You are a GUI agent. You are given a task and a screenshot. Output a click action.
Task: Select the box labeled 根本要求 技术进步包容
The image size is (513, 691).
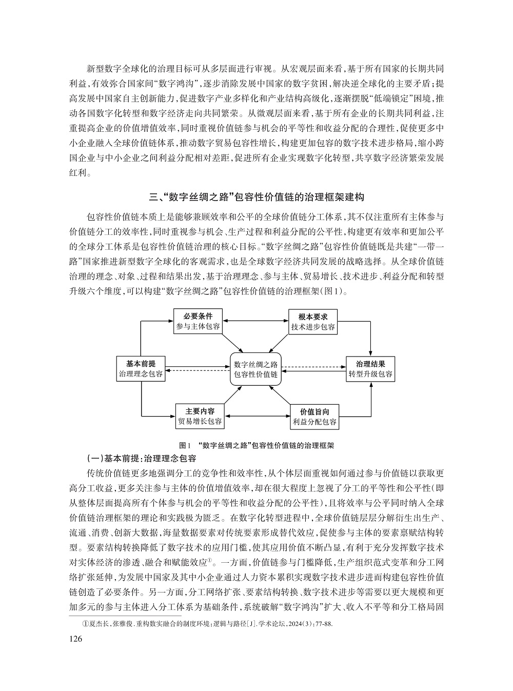point(313,321)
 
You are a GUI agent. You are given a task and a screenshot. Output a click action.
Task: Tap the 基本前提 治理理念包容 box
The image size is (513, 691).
point(141,368)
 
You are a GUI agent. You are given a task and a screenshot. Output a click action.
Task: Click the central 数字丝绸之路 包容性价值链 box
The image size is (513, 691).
point(255,369)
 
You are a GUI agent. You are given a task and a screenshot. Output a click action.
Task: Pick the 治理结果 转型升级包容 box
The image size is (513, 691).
point(370,368)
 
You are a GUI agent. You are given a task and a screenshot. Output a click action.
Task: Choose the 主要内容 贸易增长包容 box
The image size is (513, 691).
point(200,416)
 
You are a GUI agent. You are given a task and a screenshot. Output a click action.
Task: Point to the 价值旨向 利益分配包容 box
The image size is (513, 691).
point(314,417)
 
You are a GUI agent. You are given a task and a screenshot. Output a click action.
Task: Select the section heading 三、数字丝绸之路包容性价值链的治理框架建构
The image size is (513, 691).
point(256,196)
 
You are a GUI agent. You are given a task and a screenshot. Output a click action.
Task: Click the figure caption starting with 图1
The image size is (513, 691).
point(256,445)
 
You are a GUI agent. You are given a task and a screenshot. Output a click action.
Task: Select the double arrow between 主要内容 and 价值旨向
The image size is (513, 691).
point(256,416)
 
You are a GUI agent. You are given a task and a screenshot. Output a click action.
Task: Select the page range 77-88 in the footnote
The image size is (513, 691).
point(324,624)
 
